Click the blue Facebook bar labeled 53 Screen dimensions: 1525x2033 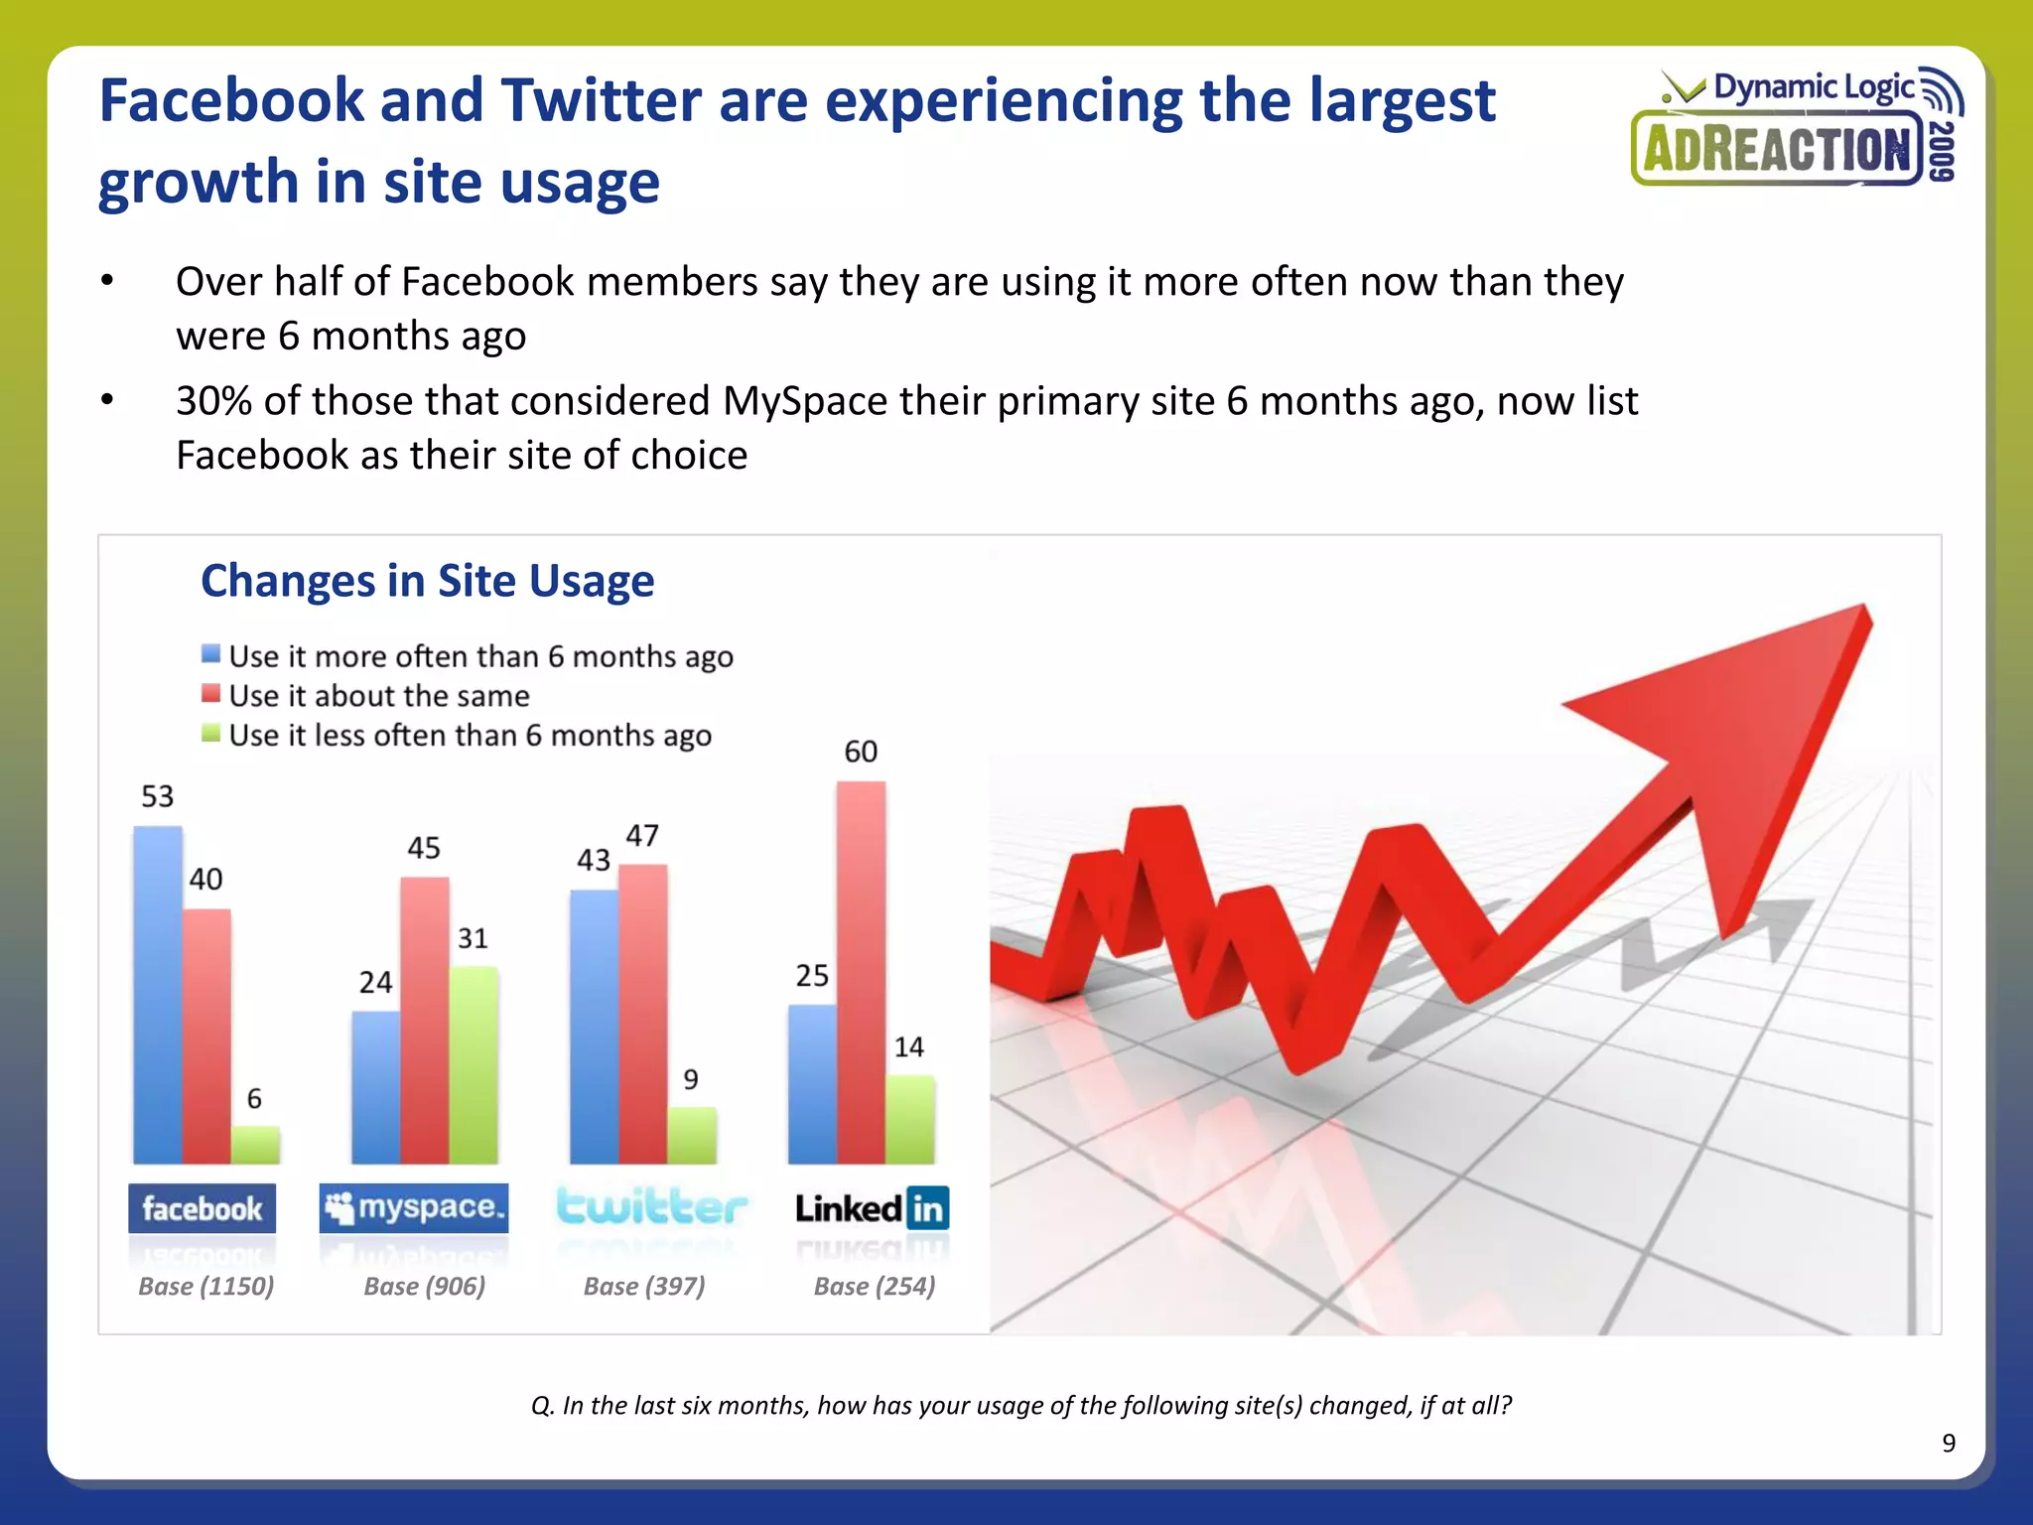(x=158, y=993)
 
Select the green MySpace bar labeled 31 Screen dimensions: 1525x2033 (x=474, y=1064)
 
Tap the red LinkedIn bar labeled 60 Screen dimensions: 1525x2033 (x=861, y=973)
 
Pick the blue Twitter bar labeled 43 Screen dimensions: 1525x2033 (x=594, y=1027)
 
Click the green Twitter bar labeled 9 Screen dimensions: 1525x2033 (x=692, y=1135)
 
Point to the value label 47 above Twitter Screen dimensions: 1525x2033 (x=642, y=836)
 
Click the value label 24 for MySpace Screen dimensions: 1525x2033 (x=375, y=983)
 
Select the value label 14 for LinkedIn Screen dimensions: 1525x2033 (x=908, y=1047)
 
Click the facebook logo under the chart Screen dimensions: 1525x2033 (x=202, y=1208)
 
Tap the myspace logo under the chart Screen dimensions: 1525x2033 (x=413, y=1207)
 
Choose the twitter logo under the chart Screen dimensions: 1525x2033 (x=651, y=1207)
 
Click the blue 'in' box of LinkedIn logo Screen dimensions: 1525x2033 (x=927, y=1208)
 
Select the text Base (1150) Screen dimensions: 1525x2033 (x=205, y=1287)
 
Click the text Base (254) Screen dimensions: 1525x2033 (x=875, y=1287)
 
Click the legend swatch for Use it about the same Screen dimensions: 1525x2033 (x=210, y=694)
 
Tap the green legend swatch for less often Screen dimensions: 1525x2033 (x=210, y=734)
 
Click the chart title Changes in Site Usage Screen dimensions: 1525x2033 (x=427, y=581)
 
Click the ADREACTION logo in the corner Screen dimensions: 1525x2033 (x=1777, y=150)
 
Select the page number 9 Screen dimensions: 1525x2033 (x=1949, y=1444)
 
